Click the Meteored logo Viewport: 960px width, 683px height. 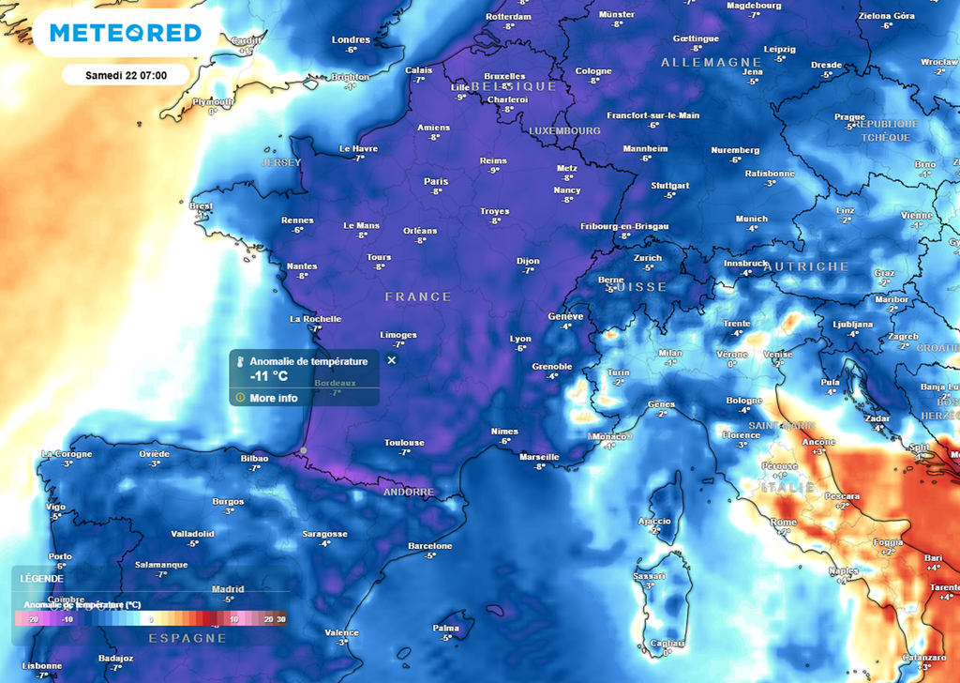pyautogui.click(x=126, y=34)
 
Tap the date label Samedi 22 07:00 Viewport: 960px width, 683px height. pyautogui.click(x=126, y=74)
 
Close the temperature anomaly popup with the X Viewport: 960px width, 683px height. pyautogui.click(x=392, y=360)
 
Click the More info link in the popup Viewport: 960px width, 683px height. pyautogui.click(x=273, y=398)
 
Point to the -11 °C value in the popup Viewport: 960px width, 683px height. pyautogui.click(x=269, y=376)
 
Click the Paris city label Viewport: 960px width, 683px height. pyautogui.click(x=436, y=182)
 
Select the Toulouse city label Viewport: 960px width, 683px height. pyautogui.click(x=404, y=443)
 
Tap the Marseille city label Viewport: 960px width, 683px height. pyautogui.click(x=539, y=458)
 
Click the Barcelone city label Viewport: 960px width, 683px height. pyautogui.click(x=430, y=546)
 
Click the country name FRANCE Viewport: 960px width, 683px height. pyautogui.click(x=418, y=296)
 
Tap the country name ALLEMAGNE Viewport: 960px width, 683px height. pyautogui.click(x=698, y=62)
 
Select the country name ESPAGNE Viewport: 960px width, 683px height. pyautogui.click(x=187, y=638)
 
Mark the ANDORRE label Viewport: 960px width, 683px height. pyautogui.click(x=409, y=492)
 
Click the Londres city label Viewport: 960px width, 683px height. pyautogui.click(x=352, y=39)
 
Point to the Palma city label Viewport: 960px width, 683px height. pyautogui.click(x=446, y=629)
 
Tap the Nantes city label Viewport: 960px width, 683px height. pyautogui.click(x=302, y=266)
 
